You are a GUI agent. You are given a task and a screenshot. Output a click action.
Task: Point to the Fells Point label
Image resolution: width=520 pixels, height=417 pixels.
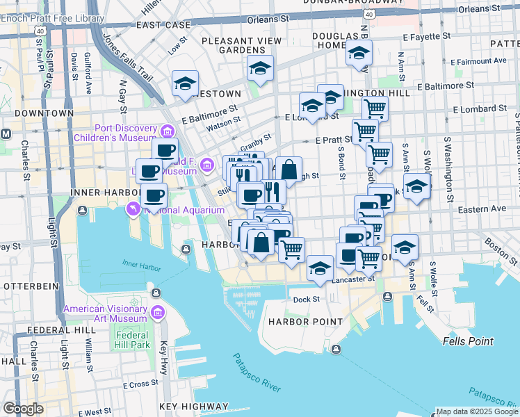pos(468,341)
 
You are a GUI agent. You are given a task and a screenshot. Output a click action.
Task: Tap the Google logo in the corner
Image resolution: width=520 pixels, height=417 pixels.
pos(23,409)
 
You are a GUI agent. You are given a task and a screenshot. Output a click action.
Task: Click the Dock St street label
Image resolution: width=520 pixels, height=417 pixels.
pos(306,300)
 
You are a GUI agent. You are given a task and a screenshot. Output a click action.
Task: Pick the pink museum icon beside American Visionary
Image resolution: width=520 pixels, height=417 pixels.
pos(158,314)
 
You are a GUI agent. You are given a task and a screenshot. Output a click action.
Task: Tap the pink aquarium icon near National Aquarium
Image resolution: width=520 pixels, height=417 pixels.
pos(131,208)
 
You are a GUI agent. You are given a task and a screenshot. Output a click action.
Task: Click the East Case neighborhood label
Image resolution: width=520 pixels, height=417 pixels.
pos(163,24)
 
